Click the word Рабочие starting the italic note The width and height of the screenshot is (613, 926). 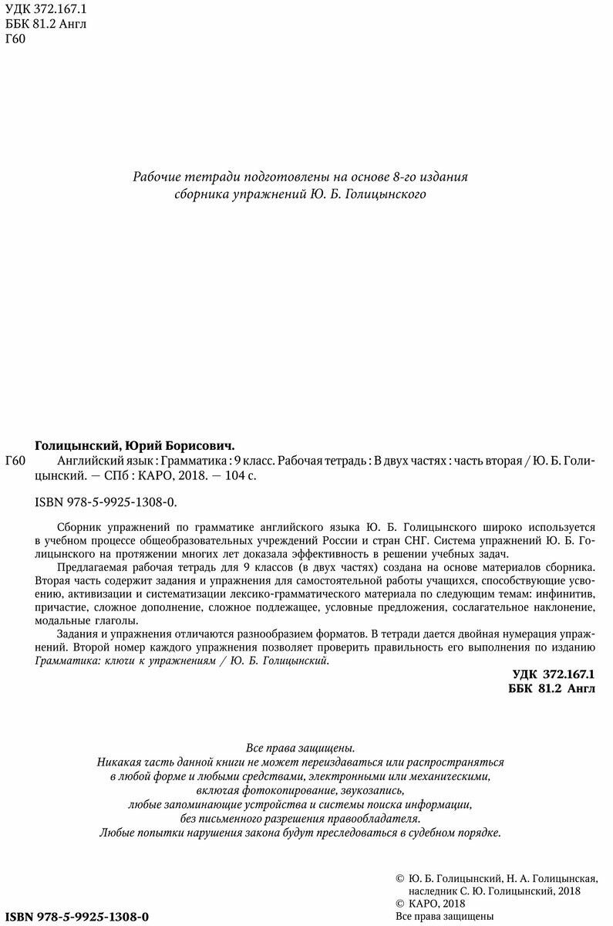[158, 177]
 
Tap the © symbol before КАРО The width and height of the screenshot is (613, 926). [399, 903]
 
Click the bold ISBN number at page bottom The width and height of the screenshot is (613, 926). [76, 916]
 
